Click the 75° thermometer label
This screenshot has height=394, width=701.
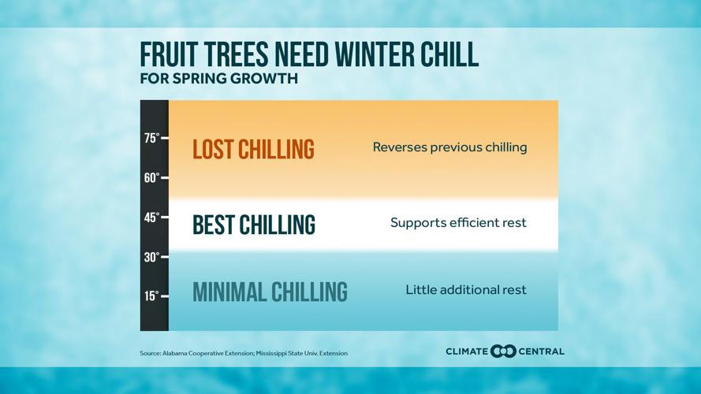point(151,138)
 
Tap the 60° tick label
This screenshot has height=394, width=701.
point(151,178)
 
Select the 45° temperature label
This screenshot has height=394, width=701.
point(151,217)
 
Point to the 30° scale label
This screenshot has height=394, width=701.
point(151,257)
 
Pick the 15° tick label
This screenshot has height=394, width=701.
point(151,296)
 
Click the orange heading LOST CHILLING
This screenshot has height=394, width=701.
point(253,150)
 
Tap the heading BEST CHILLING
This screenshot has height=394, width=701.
point(253,225)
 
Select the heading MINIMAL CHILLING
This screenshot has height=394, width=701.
point(270,292)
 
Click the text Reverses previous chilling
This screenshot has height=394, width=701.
point(449,147)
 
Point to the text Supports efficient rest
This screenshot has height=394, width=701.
point(458,223)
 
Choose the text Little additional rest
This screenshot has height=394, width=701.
point(466,290)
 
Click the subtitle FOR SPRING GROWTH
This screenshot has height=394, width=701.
point(218,79)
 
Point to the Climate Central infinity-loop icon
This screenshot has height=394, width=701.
point(503,351)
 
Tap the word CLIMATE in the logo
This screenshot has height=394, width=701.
point(466,351)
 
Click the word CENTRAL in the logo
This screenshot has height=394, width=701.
point(541,351)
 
